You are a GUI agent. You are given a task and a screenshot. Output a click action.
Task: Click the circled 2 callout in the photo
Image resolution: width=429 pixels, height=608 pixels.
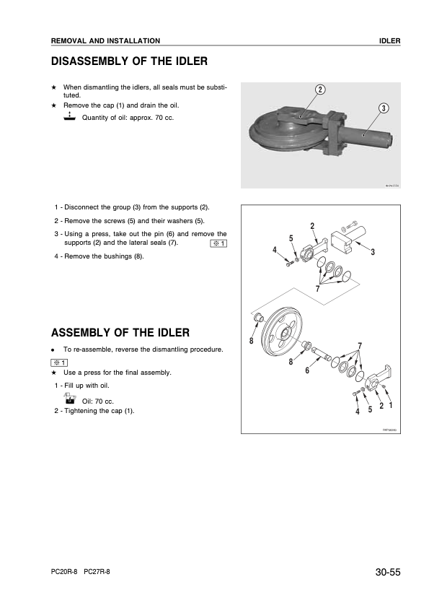click(319, 90)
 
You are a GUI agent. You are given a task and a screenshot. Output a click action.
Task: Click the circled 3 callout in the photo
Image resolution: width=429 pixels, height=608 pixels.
click(384, 108)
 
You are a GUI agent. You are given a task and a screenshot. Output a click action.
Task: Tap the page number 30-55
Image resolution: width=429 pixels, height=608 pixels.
click(387, 573)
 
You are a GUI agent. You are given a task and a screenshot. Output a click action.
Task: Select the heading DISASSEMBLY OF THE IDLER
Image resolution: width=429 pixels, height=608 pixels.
click(129, 61)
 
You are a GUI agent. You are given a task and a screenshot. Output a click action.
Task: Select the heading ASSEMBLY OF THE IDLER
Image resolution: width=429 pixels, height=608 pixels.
click(120, 332)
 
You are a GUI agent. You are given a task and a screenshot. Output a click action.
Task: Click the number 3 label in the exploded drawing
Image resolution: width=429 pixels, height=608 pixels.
click(372, 252)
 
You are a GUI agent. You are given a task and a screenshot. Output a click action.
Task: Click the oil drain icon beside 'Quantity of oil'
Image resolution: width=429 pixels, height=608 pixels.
click(69, 116)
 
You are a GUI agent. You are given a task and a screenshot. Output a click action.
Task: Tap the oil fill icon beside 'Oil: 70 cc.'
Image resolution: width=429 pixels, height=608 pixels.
click(70, 399)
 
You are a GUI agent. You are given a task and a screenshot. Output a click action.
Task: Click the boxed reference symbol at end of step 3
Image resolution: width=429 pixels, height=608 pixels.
click(218, 243)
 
